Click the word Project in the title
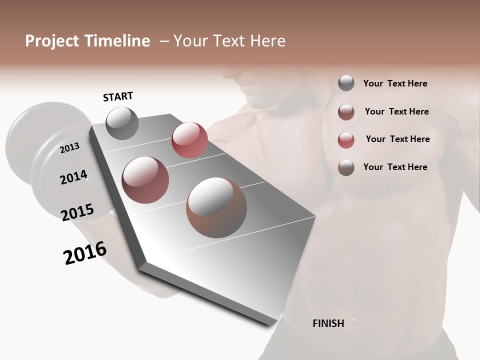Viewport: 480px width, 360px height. click(x=51, y=41)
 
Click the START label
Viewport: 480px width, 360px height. click(x=118, y=96)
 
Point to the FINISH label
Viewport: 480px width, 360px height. click(x=328, y=323)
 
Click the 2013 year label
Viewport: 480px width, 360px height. click(x=69, y=147)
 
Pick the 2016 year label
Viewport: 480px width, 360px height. click(x=85, y=253)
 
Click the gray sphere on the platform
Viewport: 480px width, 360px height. click(x=122, y=123)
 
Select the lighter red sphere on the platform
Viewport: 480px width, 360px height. click(x=189, y=140)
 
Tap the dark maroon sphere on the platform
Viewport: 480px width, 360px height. click(x=145, y=180)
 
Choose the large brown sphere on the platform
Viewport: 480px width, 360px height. click(x=216, y=207)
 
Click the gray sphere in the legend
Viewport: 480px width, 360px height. click(x=346, y=83)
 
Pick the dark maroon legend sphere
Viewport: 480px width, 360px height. click(x=346, y=112)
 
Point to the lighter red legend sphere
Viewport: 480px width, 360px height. click(x=346, y=140)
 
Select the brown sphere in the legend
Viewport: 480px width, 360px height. click(x=346, y=167)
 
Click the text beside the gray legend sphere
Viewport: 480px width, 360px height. click(x=395, y=83)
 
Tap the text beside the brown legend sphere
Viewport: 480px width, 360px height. click(x=395, y=167)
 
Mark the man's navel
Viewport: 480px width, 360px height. click(x=353, y=319)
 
